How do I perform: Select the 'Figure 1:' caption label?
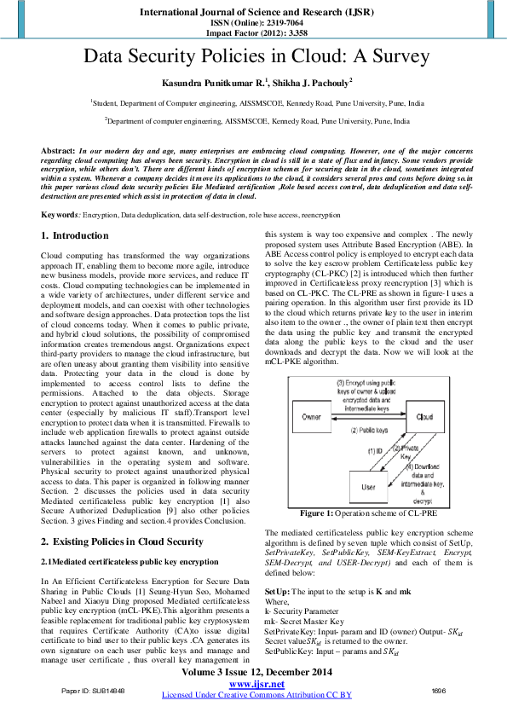click(319, 513)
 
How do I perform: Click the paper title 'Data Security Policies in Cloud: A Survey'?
click(253, 58)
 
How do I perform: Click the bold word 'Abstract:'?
click(58, 149)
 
